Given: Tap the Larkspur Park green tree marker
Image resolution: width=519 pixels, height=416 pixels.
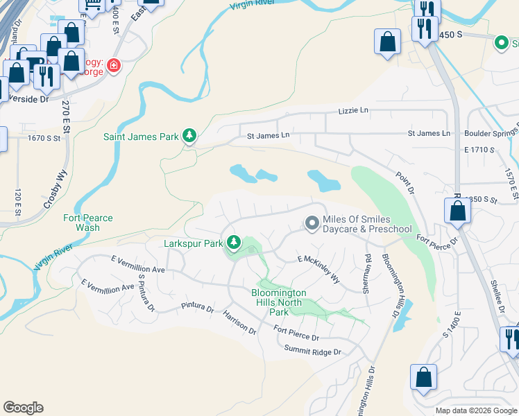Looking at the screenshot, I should [235, 243].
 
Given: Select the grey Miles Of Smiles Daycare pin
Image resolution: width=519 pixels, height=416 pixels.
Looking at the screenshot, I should [312, 223].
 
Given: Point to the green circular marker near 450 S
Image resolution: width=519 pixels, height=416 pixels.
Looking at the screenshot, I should [501, 42].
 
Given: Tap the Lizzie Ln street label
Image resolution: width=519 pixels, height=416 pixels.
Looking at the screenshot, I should [352, 110].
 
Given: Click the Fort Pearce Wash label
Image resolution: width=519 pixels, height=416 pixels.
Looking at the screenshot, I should [88, 223].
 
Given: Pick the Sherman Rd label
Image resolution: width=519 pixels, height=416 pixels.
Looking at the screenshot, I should [367, 273].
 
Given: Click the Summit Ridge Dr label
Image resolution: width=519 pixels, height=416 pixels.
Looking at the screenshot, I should [313, 352].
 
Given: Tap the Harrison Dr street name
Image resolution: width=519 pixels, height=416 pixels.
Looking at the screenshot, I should [240, 323].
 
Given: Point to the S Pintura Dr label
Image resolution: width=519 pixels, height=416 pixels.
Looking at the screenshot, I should [145, 292].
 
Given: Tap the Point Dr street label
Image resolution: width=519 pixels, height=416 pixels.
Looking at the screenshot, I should [405, 184].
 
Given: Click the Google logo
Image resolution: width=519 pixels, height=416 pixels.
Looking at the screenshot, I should [23, 408].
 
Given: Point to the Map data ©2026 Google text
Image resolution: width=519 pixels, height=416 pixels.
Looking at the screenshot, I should [476, 410].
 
